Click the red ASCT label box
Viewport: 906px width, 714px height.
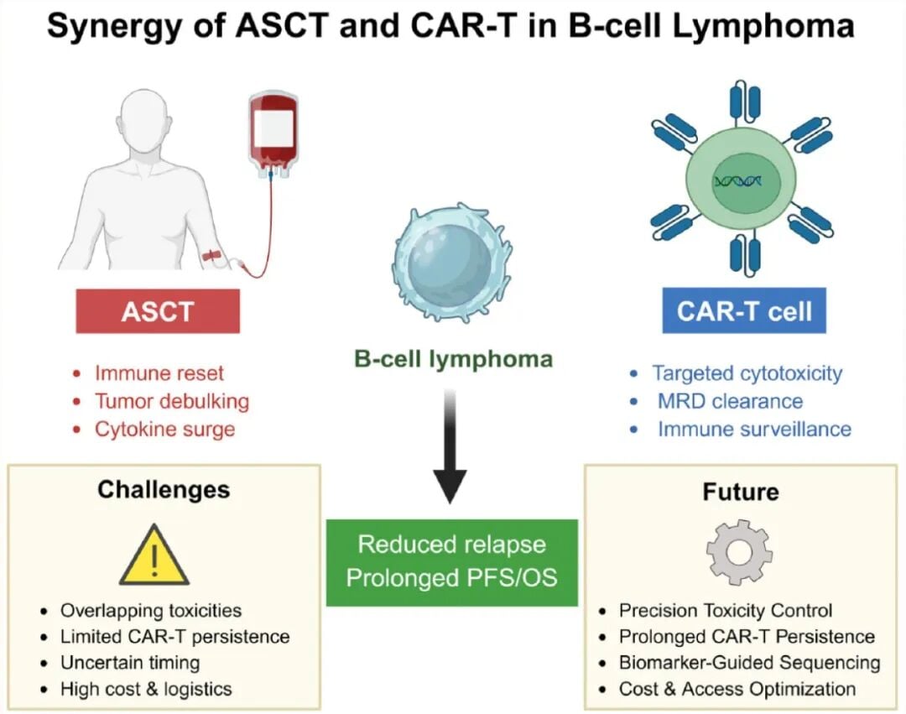point(158,311)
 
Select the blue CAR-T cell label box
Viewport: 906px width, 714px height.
point(744,311)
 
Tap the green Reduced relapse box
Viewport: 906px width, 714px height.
point(451,561)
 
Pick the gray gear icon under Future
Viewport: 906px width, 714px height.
point(739,551)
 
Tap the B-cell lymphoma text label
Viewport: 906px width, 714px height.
point(453,360)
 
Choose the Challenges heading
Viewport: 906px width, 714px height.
point(164,489)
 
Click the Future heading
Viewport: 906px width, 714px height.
point(740,491)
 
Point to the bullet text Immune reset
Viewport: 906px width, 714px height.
point(159,373)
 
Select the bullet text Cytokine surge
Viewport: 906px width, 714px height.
point(164,430)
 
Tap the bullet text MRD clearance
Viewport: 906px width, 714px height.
point(730,401)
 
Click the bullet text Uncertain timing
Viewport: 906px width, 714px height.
point(130,662)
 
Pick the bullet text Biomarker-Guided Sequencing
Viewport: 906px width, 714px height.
point(749,663)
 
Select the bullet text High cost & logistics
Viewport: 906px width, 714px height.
point(146,690)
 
